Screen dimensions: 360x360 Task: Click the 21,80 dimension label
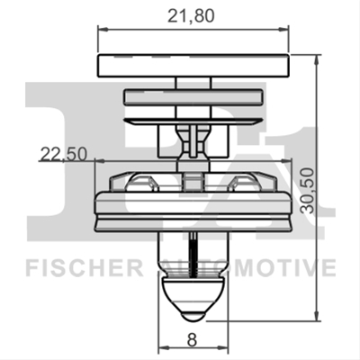coord(191,15)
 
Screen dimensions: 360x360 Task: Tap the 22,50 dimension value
coord(64,154)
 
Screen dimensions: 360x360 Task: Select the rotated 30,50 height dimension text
coord(308,191)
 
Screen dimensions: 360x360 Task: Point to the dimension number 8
coord(192,340)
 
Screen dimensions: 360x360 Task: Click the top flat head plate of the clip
coord(193,66)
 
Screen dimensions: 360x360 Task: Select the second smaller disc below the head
coord(193,97)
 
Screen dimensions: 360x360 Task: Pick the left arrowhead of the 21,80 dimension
coord(103,30)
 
